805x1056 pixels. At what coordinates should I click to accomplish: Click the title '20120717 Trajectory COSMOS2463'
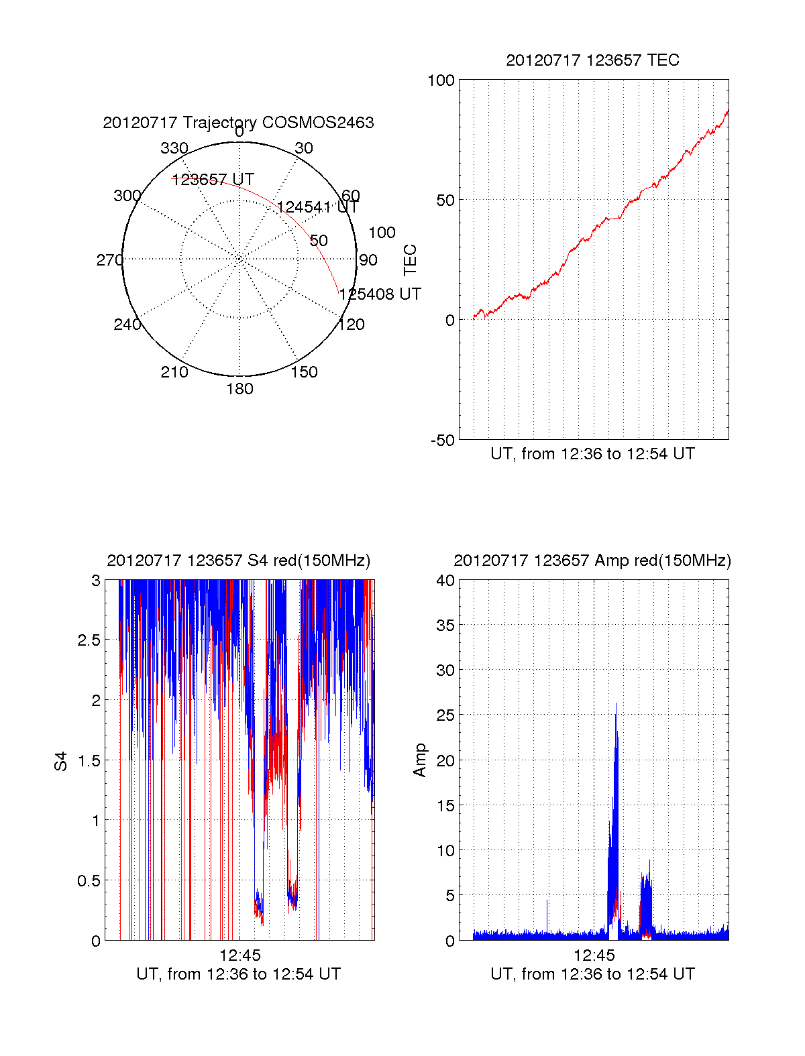tap(238, 123)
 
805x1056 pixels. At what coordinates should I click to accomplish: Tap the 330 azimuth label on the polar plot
tap(174, 148)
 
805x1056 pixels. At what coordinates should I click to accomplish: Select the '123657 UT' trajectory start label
tap(213, 180)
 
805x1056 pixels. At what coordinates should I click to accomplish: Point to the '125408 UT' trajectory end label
tap(380, 294)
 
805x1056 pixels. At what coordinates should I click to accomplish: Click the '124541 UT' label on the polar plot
tap(317, 207)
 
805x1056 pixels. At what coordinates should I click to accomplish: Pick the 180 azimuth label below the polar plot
tap(239, 389)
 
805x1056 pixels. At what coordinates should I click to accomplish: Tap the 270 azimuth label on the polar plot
tap(109, 260)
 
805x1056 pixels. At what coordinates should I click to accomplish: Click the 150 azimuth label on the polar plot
tap(304, 372)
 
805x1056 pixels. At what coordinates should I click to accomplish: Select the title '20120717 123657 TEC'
tap(592, 60)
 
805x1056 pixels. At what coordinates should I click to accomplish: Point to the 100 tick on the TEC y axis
tap(441, 80)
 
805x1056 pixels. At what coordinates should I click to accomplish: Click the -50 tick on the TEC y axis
tap(442, 441)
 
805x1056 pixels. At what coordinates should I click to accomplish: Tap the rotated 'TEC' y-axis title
tap(410, 260)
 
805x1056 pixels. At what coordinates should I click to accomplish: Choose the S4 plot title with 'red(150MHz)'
tap(238, 561)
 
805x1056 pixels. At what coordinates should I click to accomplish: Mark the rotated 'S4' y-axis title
tap(61, 761)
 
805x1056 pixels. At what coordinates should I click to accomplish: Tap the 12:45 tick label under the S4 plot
tap(239, 955)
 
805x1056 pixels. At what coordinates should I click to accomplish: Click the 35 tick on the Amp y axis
tap(445, 626)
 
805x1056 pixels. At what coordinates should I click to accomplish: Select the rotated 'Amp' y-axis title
tap(420, 760)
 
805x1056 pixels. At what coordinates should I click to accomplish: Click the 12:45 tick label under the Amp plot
tap(594, 955)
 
